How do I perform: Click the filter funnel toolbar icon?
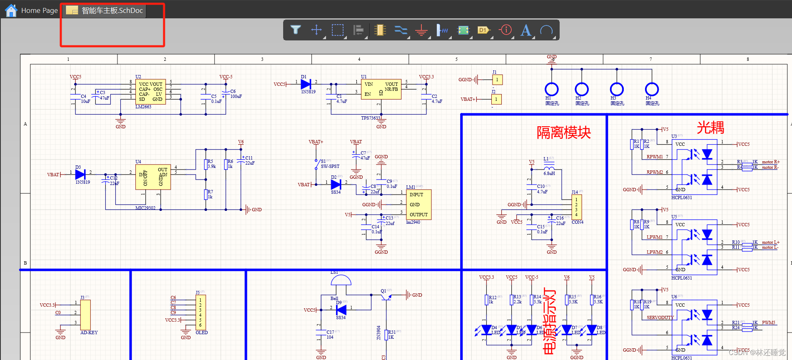tap(296, 30)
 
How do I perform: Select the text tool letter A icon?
tap(526, 30)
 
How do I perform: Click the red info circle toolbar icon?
tap(506, 30)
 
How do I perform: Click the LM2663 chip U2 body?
tap(150, 92)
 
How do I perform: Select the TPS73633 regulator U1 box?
tap(381, 89)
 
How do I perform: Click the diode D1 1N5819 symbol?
tap(306, 84)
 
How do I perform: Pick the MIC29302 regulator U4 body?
tap(153, 177)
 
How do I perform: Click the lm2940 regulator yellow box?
tap(418, 205)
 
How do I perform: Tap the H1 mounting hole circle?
tap(551, 89)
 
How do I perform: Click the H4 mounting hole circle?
tap(652, 89)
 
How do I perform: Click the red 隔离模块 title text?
tap(563, 132)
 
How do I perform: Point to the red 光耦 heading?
tap(710, 127)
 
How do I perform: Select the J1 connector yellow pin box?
tap(497, 80)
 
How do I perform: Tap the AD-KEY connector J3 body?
tap(85, 315)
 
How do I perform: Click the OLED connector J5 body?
tap(201, 312)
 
